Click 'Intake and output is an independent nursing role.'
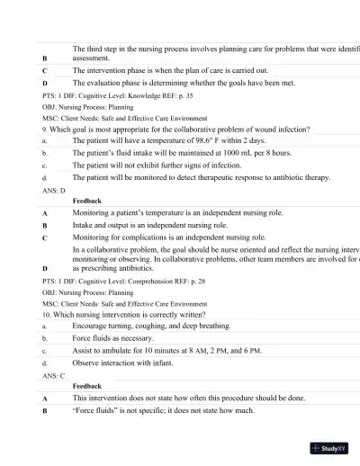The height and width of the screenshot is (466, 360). point(162,225)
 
